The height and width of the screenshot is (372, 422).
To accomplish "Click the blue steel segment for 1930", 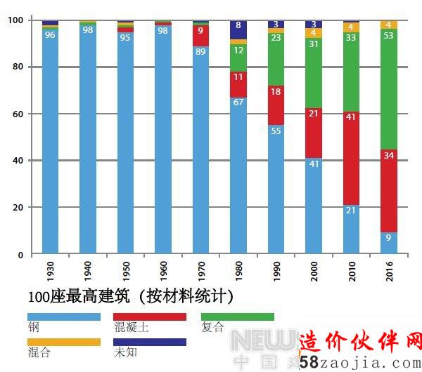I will coord(50,140).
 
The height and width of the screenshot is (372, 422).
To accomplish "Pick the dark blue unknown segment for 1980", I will coord(239,29).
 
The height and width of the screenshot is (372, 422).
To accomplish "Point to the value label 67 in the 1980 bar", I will coord(239,102).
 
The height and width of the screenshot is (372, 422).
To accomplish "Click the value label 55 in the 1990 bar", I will coord(276,131).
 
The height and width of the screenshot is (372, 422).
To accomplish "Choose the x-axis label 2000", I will coord(314,271).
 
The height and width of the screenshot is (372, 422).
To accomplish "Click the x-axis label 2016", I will coord(389,271).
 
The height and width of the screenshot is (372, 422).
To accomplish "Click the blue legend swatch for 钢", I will coord(63,317).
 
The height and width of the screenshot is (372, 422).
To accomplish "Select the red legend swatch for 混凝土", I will coord(150,317).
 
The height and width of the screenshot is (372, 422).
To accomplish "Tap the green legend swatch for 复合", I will coord(237,317).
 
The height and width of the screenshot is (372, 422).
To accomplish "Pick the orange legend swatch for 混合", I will coord(63,342).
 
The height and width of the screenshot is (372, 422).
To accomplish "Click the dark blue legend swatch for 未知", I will coord(150,342).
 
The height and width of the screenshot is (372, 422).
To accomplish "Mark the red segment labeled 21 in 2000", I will coord(314,133).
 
